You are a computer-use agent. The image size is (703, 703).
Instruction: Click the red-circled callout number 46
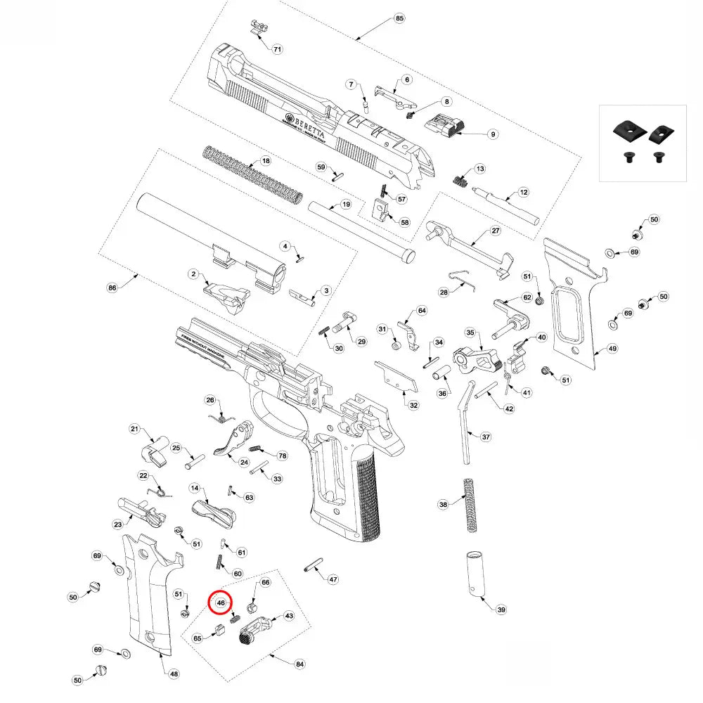(x=220, y=602)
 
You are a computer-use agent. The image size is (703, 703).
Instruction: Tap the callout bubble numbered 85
(x=399, y=18)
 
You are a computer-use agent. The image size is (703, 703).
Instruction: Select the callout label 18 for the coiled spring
(x=266, y=161)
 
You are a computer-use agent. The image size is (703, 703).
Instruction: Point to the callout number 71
(x=277, y=49)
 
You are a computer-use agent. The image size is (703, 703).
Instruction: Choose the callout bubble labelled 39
(x=501, y=610)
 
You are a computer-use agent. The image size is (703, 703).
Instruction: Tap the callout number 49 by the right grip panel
(x=612, y=349)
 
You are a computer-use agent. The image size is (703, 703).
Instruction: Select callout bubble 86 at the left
(x=111, y=288)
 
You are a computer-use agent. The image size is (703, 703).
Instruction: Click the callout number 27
(x=495, y=231)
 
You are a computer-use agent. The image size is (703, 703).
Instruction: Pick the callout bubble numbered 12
(x=523, y=192)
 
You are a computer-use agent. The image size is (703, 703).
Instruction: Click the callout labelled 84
(x=300, y=664)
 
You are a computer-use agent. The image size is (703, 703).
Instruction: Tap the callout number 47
(x=333, y=580)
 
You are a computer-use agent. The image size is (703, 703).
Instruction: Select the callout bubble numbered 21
(x=136, y=430)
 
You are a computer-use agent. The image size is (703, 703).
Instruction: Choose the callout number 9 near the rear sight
(x=493, y=134)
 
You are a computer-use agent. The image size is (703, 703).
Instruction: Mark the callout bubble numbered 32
(x=413, y=405)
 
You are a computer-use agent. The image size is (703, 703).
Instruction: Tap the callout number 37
(x=486, y=437)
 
